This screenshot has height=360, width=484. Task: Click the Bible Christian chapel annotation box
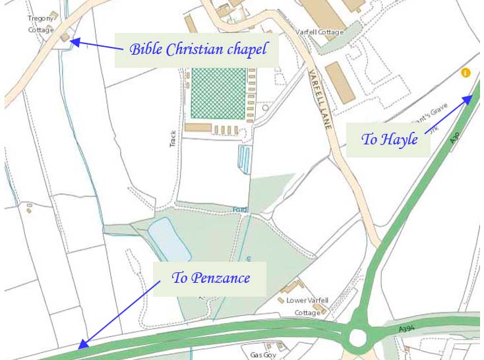tap(198, 49)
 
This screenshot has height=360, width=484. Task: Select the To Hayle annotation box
tap(389, 140)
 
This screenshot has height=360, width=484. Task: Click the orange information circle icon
tap(466, 73)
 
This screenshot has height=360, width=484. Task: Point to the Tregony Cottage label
tap(41, 24)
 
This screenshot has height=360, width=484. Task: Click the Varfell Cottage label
tap(320, 32)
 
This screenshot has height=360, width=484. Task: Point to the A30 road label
tap(454, 136)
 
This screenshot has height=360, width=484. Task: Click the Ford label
tap(239, 210)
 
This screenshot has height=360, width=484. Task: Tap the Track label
tap(173, 136)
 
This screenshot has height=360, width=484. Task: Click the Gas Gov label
tap(262, 354)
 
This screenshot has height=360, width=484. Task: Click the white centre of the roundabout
tap(357, 338)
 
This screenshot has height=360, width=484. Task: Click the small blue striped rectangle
tap(245, 160)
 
